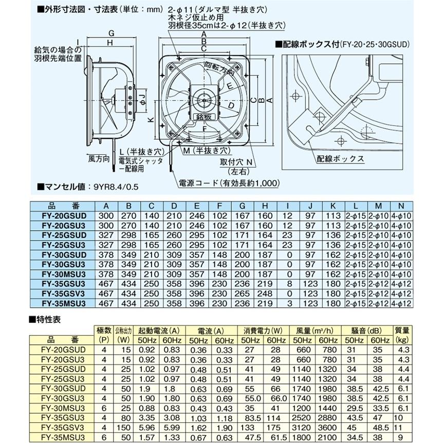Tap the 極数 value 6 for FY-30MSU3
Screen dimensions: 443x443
point(104,408)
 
